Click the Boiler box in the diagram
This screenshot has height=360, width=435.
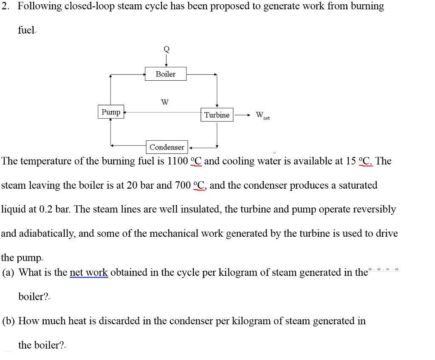tap(166, 74)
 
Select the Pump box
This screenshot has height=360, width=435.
tap(111, 112)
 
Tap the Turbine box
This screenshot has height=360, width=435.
tap(217, 115)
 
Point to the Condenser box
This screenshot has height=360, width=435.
tap(167, 147)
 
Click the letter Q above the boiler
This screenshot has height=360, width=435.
tap(166, 49)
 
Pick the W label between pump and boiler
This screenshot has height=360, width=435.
tap(165, 102)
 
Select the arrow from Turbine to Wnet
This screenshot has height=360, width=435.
tap(243, 115)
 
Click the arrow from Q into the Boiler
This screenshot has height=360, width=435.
tap(166, 60)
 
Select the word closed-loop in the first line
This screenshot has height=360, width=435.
tap(90, 6)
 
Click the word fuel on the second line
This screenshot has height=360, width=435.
tap(25, 30)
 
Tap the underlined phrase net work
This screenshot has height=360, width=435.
tap(89, 272)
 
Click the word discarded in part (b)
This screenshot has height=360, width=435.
tap(118, 321)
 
